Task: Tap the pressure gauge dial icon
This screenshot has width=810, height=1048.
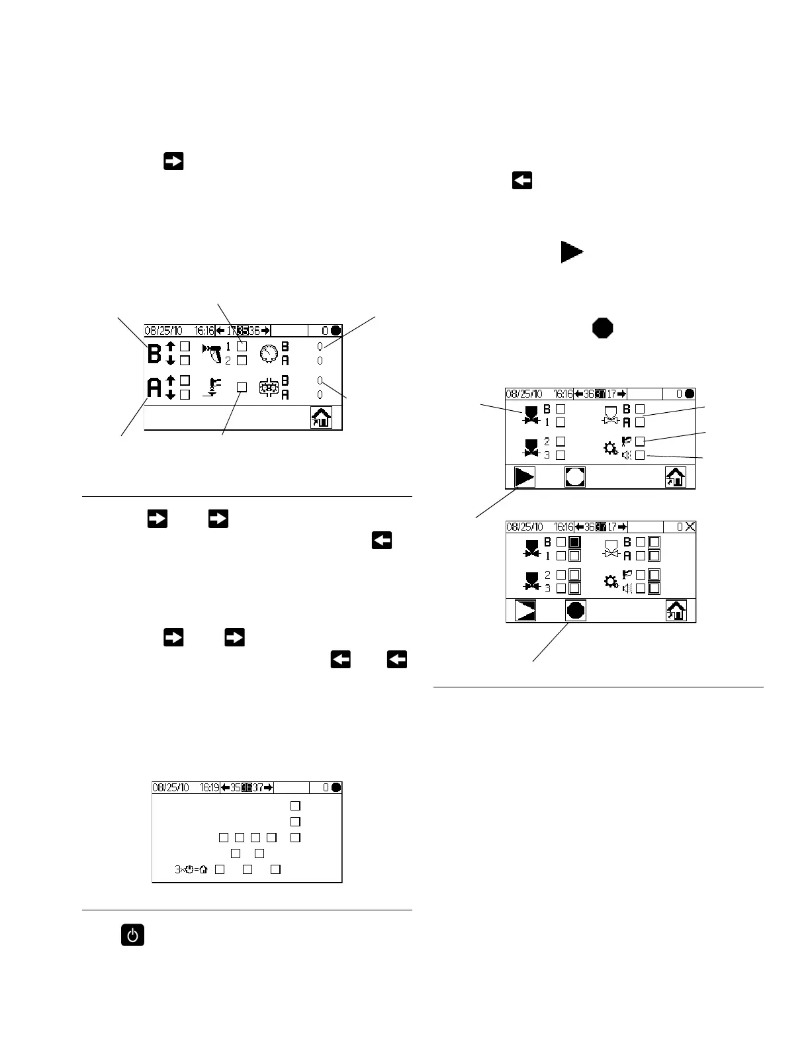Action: [268, 354]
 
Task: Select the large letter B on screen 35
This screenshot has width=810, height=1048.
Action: [154, 353]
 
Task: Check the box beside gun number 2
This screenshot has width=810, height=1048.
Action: [242, 361]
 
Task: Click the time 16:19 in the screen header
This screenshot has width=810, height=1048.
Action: [205, 787]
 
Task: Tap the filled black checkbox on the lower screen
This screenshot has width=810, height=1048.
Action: [574, 542]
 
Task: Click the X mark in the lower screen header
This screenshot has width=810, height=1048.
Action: [690, 527]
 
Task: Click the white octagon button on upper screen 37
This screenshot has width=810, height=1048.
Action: [575, 477]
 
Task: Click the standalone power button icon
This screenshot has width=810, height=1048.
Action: [132, 936]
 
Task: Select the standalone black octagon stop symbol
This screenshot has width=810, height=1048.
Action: [602, 328]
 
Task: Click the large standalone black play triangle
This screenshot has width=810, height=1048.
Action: [571, 252]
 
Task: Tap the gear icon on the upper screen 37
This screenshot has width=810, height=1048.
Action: [611, 449]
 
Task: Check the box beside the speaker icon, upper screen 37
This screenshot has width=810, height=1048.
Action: [640, 455]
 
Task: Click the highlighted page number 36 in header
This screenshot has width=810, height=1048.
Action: [247, 787]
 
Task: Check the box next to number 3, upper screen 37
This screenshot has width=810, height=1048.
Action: [561, 455]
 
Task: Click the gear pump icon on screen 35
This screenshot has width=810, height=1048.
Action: [269, 388]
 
